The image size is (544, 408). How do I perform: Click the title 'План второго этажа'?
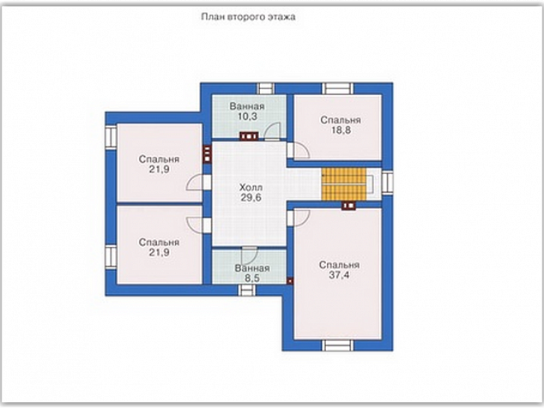(x=249, y=17)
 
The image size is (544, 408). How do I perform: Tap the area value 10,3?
(x=247, y=117)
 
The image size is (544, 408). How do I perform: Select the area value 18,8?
(x=341, y=130)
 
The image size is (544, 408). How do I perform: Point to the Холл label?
(x=251, y=188)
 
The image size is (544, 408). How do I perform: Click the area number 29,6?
(x=251, y=198)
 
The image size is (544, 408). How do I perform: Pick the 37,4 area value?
(x=339, y=275)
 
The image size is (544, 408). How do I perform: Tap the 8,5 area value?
(x=252, y=278)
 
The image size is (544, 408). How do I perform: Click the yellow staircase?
(x=344, y=184)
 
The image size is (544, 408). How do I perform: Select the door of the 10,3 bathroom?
(x=272, y=132)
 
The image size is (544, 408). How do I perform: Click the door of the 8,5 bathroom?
(x=250, y=255)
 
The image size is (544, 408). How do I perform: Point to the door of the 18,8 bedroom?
(x=299, y=151)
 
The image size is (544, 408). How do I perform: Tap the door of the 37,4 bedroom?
(x=299, y=218)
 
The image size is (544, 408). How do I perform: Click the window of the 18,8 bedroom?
(x=337, y=88)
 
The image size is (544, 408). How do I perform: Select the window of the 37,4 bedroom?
(x=337, y=345)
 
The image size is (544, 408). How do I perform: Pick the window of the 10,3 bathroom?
(x=265, y=88)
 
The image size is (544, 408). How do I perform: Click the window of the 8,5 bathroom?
(x=246, y=290)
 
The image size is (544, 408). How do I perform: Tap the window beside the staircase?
(x=387, y=182)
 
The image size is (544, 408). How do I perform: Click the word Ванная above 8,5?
(x=252, y=268)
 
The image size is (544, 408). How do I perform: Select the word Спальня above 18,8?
(x=341, y=120)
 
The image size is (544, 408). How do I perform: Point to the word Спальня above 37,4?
(x=339, y=265)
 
